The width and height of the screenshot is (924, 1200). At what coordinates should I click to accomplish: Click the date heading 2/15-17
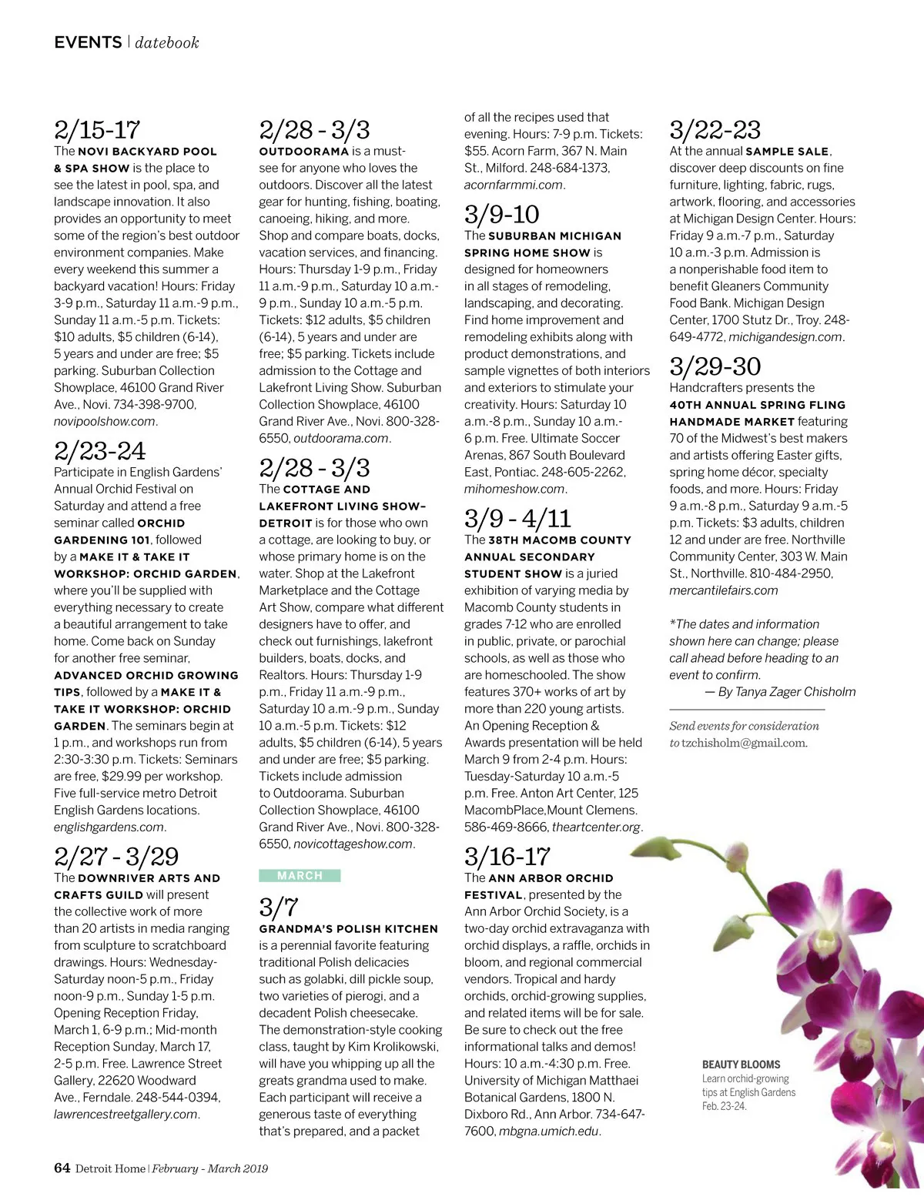97,129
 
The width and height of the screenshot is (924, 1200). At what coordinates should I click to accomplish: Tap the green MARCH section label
300,875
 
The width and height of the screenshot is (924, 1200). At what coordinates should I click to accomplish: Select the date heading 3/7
278,907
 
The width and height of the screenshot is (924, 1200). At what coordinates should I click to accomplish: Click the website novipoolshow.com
105,422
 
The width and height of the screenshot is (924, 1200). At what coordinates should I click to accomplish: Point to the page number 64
62,1168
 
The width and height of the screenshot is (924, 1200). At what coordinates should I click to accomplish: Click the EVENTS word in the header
88,42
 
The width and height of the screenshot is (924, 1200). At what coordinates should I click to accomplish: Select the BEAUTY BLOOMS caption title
741,1065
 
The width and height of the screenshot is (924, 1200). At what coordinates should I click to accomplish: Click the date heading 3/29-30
715,366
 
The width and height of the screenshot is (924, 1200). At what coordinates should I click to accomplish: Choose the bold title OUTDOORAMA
303,152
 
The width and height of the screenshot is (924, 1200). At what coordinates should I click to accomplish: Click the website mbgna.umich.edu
548,1131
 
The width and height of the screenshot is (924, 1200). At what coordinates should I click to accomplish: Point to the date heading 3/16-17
507,856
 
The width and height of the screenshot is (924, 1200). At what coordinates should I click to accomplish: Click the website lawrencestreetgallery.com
126,1115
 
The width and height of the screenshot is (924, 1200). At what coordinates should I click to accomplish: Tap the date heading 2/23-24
99,450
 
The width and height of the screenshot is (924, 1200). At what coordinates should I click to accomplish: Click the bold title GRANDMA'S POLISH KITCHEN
348,929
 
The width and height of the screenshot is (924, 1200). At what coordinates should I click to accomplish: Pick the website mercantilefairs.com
723,590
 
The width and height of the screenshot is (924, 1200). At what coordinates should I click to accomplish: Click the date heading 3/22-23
715,129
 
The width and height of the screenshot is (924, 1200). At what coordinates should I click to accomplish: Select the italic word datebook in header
167,43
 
